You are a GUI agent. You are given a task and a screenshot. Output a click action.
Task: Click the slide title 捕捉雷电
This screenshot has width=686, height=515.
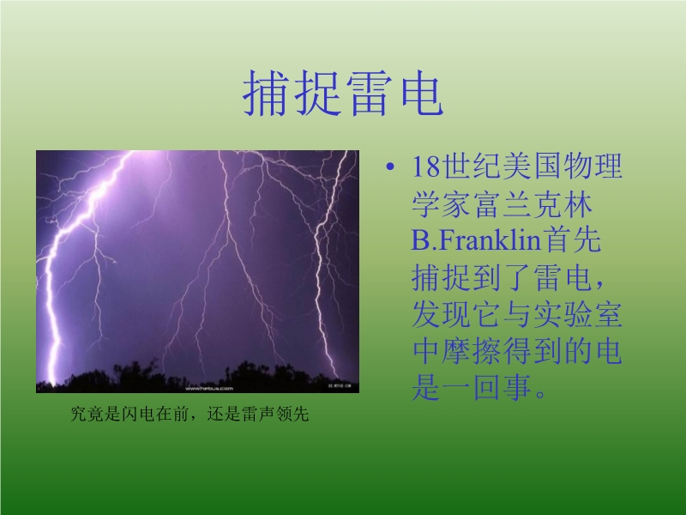pyautogui.click(x=344, y=94)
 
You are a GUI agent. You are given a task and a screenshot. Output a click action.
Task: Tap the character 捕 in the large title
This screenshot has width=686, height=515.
pyautogui.click(x=267, y=94)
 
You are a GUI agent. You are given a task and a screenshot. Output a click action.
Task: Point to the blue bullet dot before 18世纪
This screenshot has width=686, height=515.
pyautogui.click(x=390, y=167)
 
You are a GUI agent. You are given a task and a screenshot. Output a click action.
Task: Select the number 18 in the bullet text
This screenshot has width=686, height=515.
pyautogui.click(x=425, y=167)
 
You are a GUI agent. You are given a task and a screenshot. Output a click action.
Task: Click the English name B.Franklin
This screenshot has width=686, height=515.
pyautogui.click(x=477, y=240)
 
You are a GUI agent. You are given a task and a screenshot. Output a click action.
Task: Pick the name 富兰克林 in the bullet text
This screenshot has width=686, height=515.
pyautogui.click(x=533, y=204)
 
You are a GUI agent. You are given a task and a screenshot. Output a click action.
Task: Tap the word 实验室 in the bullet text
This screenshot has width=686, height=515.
pyautogui.click(x=577, y=314)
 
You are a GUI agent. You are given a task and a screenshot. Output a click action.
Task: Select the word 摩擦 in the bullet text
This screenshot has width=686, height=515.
pyautogui.click(x=472, y=351)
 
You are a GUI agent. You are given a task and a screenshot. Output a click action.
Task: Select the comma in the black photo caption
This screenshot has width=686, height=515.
pyautogui.click(x=195, y=417)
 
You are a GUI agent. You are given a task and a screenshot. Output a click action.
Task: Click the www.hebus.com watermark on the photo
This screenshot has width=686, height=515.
pyautogui.click(x=209, y=389)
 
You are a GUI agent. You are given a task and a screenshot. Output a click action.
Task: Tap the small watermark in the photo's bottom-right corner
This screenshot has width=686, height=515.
pyautogui.click(x=340, y=385)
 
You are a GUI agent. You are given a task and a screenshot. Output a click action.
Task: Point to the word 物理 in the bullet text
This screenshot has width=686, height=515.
pyautogui.click(x=593, y=167)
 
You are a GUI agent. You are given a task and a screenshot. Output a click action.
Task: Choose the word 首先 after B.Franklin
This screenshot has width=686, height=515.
pyautogui.click(x=572, y=240)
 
